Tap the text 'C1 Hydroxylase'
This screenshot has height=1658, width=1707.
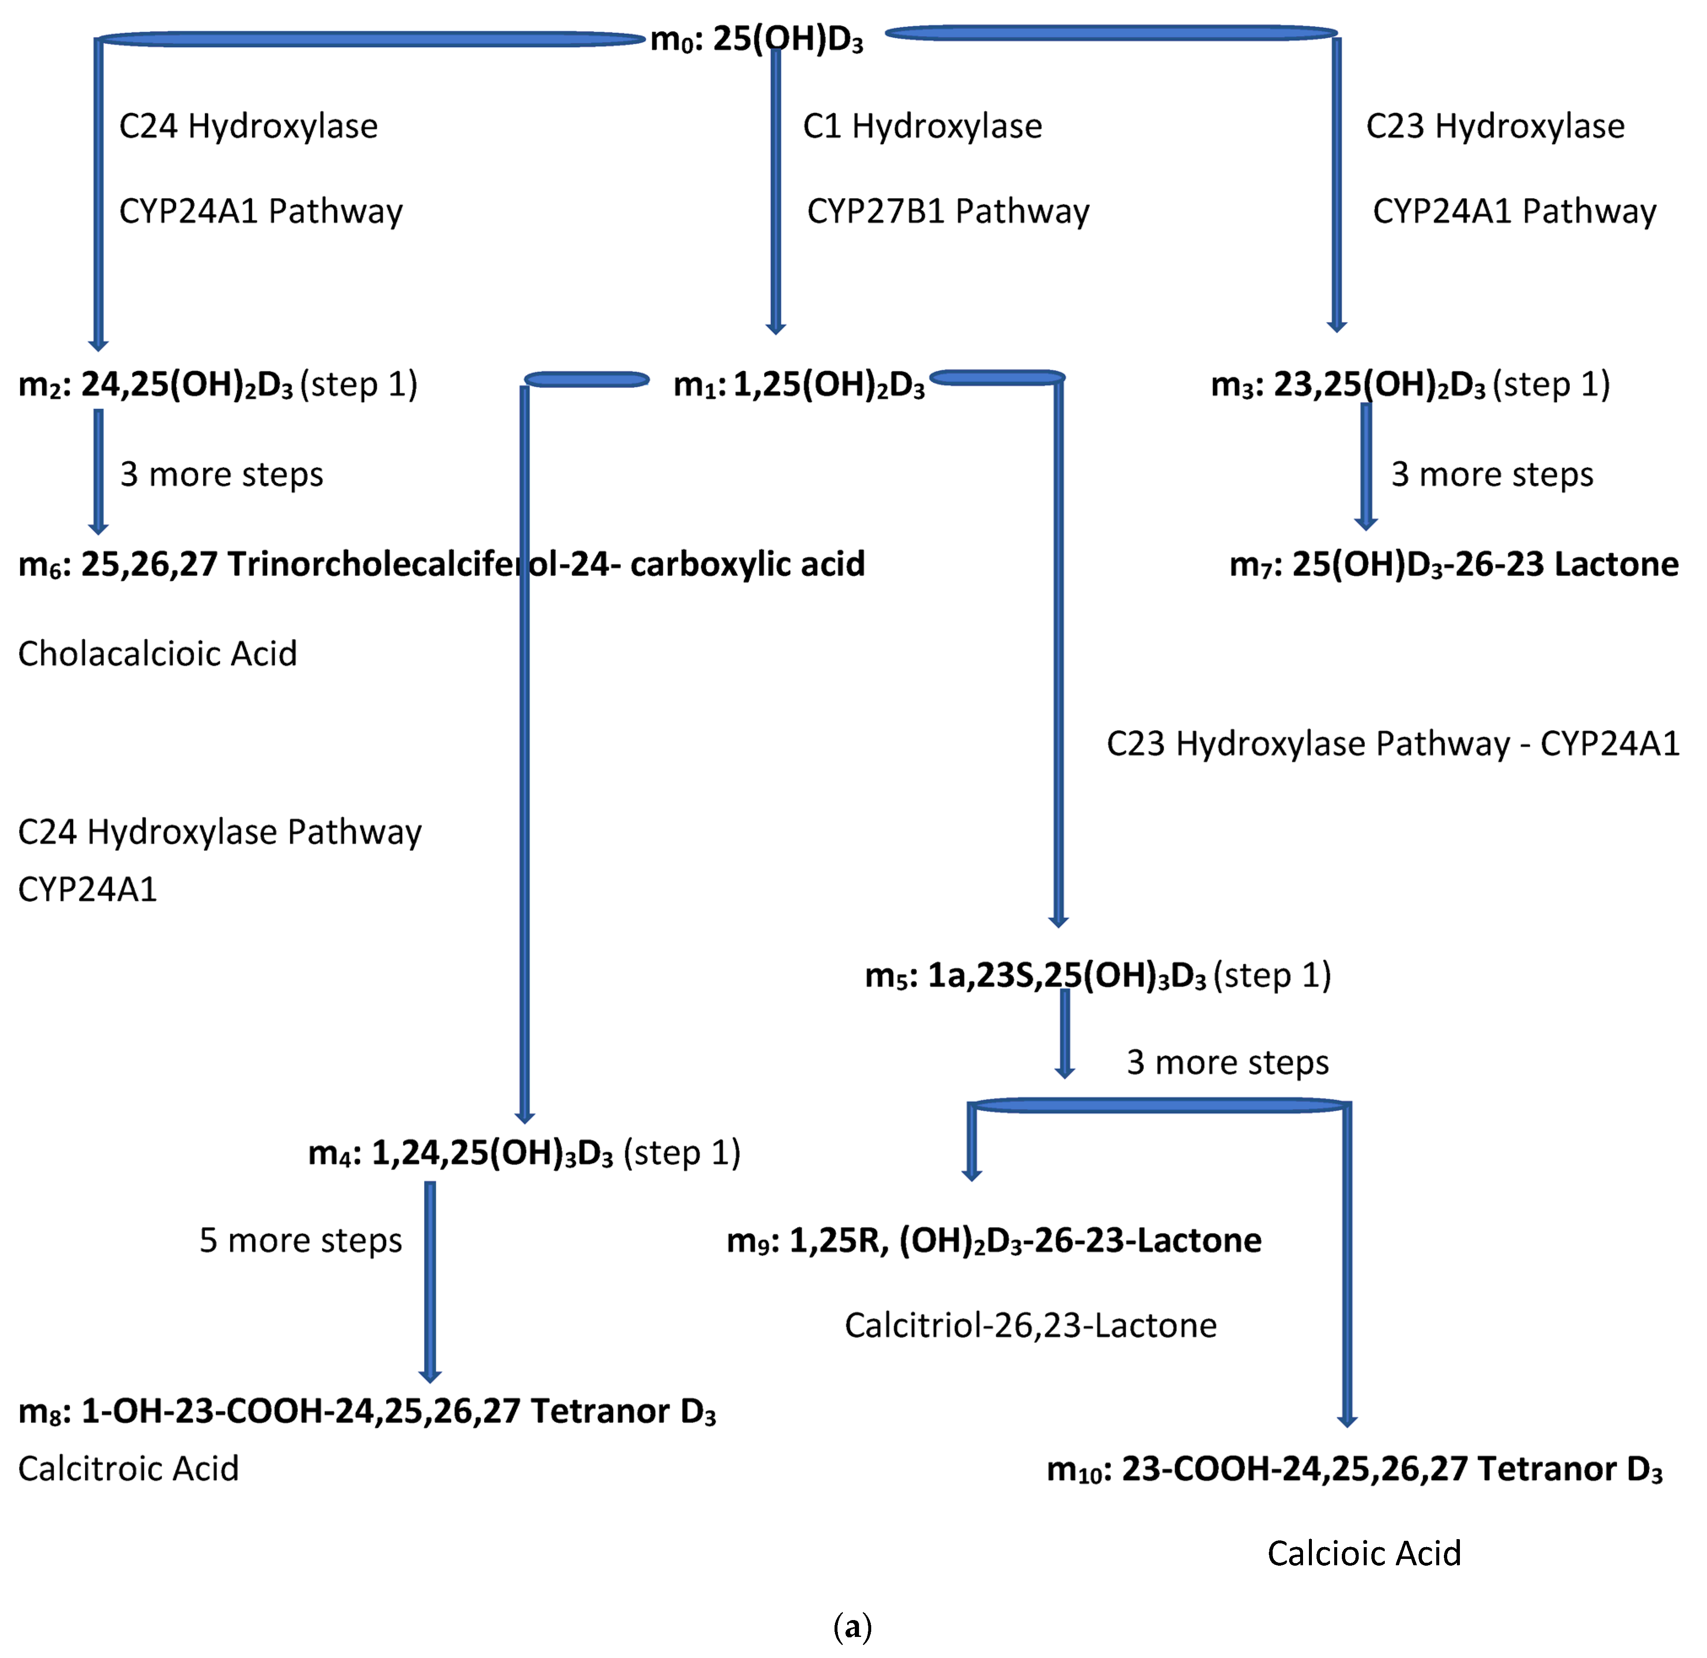[922, 126]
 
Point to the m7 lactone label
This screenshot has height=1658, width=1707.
[1453, 564]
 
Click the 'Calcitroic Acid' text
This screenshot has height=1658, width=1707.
[128, 1468]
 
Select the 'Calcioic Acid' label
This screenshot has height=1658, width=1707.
[1364, 1553]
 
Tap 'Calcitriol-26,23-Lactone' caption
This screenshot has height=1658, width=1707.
[1030, 1325]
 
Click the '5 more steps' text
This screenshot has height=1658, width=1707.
[301, 1240]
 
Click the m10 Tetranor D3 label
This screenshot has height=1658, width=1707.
[1354, 1469]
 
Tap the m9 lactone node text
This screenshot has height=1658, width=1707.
[994, 1240]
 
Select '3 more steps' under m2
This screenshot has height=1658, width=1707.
[221, 475]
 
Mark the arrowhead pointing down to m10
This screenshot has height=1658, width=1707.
[1346, 1421]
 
